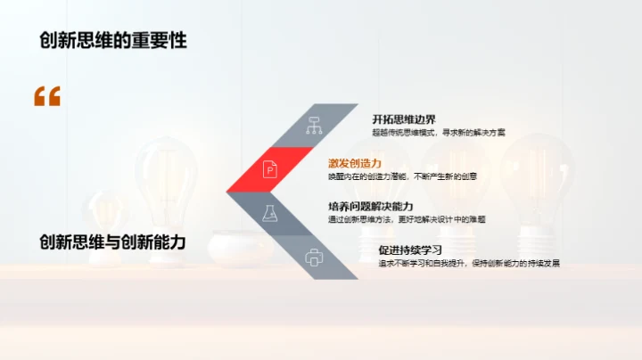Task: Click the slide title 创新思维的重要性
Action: [x=112, y=40]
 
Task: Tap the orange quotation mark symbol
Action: [x=47, y=96]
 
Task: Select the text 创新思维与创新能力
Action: [x=112, y=241]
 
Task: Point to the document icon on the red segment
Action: [x=268, y=168]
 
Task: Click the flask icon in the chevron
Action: [x=268, y=213]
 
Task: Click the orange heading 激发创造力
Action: [x=355, y=163]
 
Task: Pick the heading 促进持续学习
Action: [x=410, y=250]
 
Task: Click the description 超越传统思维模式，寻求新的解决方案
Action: [x=439, y=132]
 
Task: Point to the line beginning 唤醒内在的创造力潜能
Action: [x=402, y=176]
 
